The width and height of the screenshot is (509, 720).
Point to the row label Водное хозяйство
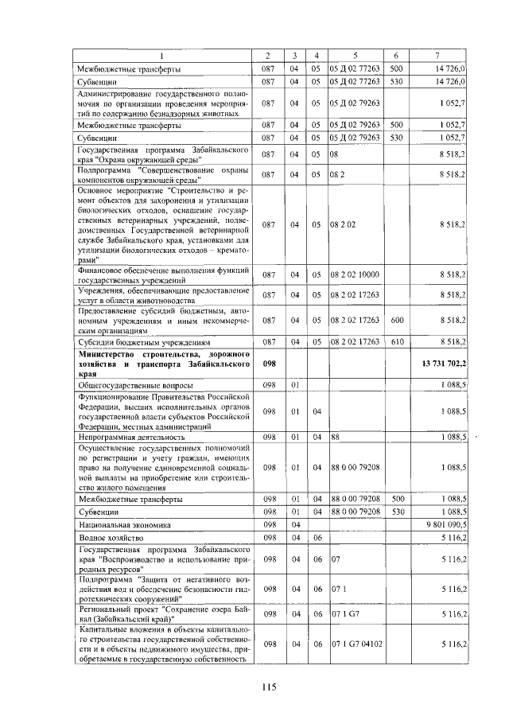[x=109, y=539]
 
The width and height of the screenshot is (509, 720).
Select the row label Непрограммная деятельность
[x=130, y=437]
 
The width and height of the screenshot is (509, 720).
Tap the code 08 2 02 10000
[x=354, y=274]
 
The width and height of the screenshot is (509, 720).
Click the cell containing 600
[x=395, y=319]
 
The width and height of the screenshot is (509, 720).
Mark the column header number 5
[x=356, y=54]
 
